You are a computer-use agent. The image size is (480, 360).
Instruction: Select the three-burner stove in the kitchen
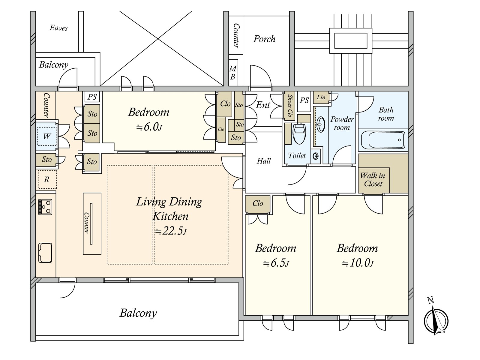pos(45,207)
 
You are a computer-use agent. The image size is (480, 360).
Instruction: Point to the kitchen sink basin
pos(45,253)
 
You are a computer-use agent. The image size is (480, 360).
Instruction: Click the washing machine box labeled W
pos(46,136)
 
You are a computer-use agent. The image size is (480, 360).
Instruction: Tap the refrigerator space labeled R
pos(47,179)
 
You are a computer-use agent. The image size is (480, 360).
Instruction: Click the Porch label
pos(264,39)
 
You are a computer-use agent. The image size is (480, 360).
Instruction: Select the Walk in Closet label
pos(373,179)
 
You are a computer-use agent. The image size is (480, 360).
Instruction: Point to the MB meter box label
pos(233,73)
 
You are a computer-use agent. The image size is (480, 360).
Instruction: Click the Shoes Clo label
pos(290,106)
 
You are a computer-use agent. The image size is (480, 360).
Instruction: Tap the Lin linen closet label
pos(321,97)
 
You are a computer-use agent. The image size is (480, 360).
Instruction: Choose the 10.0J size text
pos(358,263)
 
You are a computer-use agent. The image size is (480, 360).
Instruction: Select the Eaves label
pos(58,28)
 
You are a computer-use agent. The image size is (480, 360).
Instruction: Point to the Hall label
pos(264,161)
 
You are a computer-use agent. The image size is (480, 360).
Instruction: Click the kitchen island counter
pos(92,223)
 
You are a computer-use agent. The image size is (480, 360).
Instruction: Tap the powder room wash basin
pos(321,124)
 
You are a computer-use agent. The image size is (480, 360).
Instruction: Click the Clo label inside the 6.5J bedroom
pos(258,203)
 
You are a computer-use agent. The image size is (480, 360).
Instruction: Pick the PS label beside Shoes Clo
pos(304,100)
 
